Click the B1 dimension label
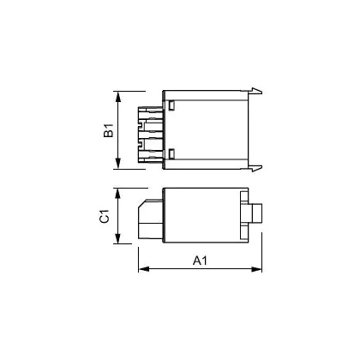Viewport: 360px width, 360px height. [x=109, y=130]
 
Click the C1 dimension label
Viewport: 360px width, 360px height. [x=105, y=216]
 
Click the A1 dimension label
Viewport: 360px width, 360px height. [x=200, y=261]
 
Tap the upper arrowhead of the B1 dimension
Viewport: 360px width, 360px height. [x=118, y=97]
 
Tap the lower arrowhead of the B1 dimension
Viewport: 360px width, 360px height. [x=118, y=164]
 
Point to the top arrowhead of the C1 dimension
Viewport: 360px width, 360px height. [x=117, y=194]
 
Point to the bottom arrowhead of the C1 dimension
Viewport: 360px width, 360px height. [x=117, y=238]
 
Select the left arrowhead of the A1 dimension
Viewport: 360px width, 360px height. [x=144, y=269]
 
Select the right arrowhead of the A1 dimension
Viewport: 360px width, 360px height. [x=256, y=269]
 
